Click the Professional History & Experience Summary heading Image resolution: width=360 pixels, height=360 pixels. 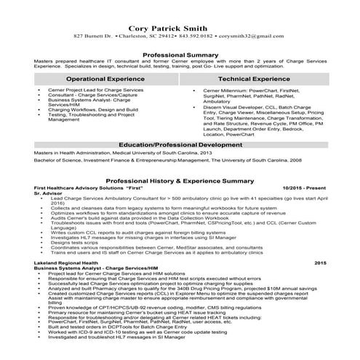click(180, 180)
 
